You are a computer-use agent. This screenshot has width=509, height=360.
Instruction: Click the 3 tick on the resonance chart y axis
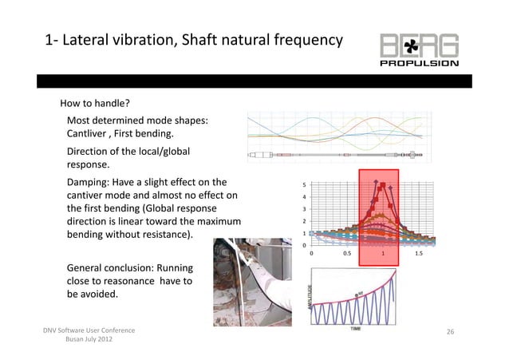(303, 209)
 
